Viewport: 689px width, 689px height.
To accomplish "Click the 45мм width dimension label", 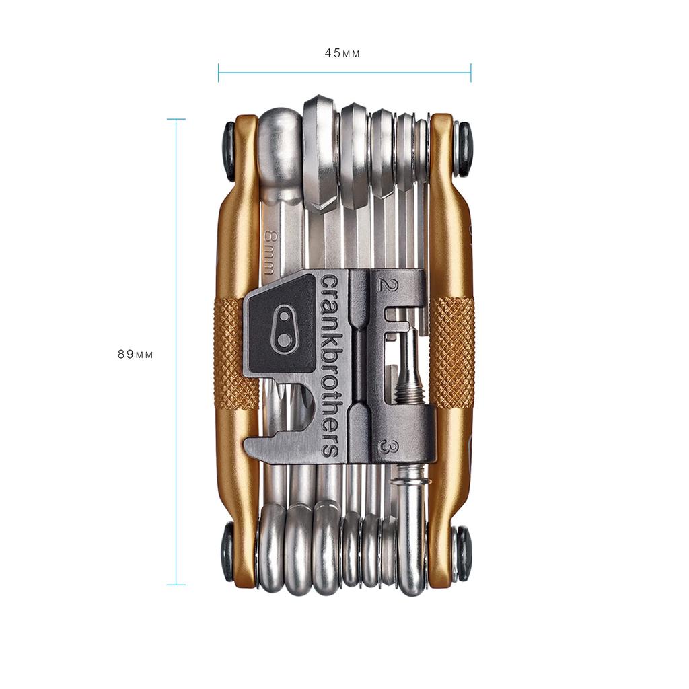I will tap(342, 53).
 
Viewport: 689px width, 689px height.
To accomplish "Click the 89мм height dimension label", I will tap(135, 355).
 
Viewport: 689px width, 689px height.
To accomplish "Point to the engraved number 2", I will tap(385, 284).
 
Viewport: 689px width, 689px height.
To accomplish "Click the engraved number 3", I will tap(386, 446).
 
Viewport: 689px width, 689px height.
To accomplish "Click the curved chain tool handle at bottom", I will tap(412, 538).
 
